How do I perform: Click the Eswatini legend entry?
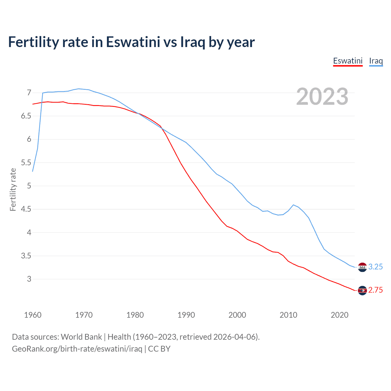(348, 61)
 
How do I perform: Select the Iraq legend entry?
(376, 61)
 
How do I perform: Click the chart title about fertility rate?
(131, 42)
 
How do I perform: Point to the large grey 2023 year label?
(322, 97)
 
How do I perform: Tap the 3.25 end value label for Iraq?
(375, 267)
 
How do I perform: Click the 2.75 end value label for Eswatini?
(375, 290)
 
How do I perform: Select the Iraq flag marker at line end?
(362, 267)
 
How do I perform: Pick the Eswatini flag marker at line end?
(362, 291)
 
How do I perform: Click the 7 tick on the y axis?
(29, 93)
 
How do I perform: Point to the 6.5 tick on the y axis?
(26, 116)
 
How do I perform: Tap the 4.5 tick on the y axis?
(26, 209)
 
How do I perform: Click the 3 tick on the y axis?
(29, 279)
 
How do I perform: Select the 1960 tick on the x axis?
(33, 315)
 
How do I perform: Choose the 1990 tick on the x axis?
(186, 315)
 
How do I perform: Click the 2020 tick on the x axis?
(339, 315)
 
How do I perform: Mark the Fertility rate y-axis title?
(13, 189)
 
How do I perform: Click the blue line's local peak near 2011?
(293, 205)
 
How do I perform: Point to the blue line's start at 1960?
(33, 171)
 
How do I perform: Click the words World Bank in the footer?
(81, 337)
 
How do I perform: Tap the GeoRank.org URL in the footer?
(77, 349)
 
